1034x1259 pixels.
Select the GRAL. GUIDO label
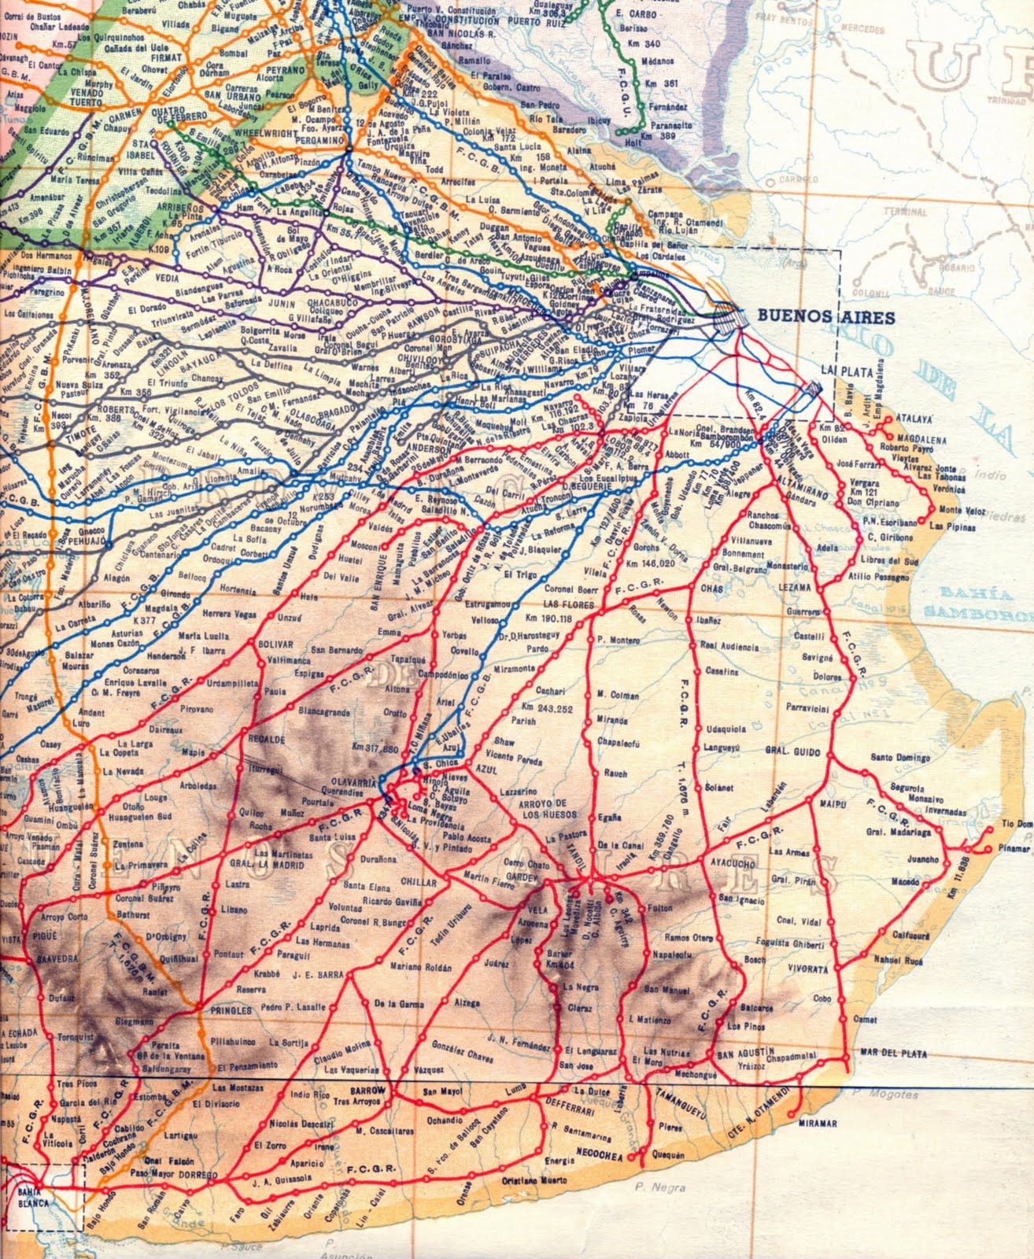click(796, 742)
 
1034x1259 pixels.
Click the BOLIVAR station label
click(275, 644)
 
